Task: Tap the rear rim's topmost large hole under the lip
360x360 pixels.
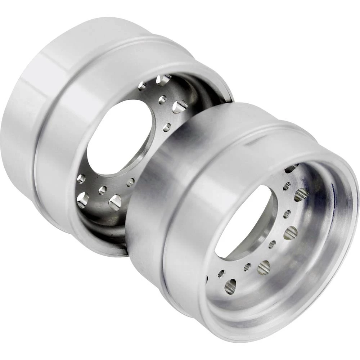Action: tap(164, 80)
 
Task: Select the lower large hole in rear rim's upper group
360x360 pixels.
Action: tap(180, 107)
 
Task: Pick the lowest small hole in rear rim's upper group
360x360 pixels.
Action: tap(167, 126)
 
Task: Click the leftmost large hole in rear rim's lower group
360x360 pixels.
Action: tap(83, 200)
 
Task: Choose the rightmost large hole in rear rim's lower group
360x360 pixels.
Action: tap(115, 202)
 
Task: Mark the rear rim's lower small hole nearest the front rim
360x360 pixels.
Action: tap(130, 182)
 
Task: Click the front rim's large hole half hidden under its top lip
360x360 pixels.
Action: tap(291, 168)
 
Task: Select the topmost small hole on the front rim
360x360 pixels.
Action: tap(287, 186)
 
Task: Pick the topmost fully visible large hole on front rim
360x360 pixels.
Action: tap(301, 195)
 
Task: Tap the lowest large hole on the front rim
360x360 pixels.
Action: tap(230, 287)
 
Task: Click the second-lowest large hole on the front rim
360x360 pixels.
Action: tap(264, 268)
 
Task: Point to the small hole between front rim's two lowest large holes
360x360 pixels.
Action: tap(247, 267)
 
